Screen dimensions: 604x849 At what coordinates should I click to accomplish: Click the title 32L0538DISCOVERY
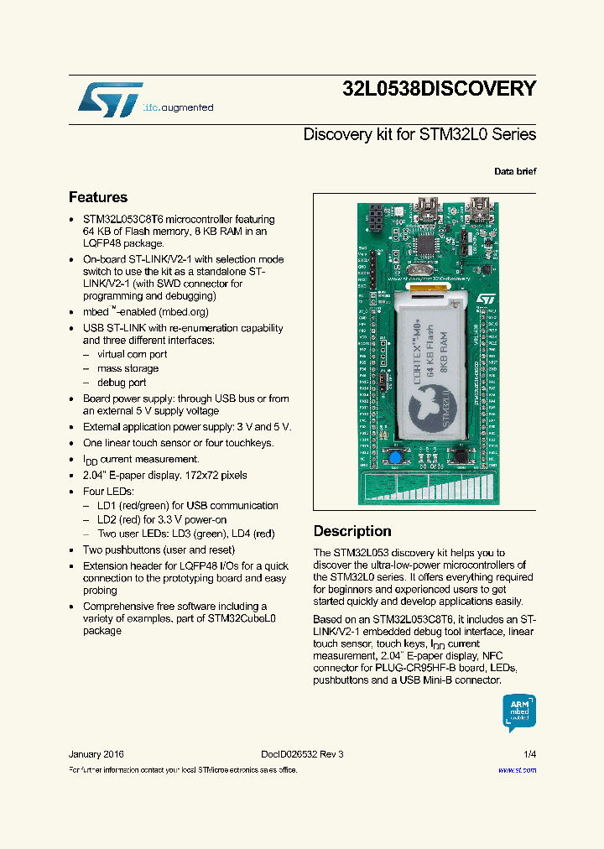click(439, 89)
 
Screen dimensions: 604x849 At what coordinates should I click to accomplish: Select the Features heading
click(98, 198)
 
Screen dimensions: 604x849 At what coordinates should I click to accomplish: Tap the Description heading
click(352, 531)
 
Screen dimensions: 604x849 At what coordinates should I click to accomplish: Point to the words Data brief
click(515, 171)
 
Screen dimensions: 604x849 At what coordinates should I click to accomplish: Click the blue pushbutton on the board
click(393, 457)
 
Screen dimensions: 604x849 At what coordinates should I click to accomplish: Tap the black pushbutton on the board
click(460, 456)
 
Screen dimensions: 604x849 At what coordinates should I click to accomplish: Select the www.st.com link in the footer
click(517, 769)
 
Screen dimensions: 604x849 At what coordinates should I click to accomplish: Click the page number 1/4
click(529, 754)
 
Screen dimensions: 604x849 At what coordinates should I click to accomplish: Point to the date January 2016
click(96, 754)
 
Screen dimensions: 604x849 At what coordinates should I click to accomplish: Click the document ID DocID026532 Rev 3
click(296, 754)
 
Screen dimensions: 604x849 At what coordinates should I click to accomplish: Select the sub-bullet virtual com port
click(132, 354)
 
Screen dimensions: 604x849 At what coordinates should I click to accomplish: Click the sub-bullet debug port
click(122, 383)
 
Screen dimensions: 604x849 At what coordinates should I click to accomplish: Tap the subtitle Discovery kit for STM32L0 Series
click(419, 134)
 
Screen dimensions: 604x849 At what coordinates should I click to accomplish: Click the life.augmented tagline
click(178, 108)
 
